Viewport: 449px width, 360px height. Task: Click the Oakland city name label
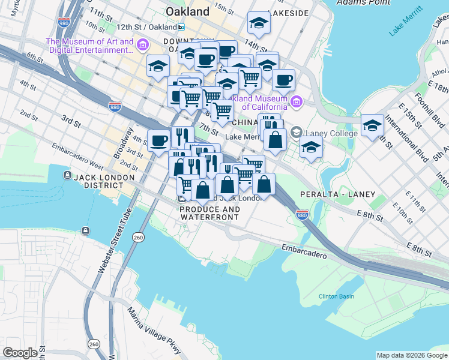click(x=187, y=11)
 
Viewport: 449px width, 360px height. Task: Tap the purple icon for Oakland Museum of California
click(x=296, y=102)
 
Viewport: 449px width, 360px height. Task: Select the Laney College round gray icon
click(x=296, y=132)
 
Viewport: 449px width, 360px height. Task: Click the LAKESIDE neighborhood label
click(x=289, y=13)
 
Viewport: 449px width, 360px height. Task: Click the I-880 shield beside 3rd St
click(x=115, y=107)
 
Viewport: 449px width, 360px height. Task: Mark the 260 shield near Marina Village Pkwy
click(x=94, y=344)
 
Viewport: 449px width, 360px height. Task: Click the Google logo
click(x=20, y=353)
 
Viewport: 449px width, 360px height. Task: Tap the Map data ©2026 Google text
click(x=412, y=355)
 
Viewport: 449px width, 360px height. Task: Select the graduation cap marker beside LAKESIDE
click(x=259, y=23)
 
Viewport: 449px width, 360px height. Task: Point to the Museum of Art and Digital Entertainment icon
click(x=143, y=45)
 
